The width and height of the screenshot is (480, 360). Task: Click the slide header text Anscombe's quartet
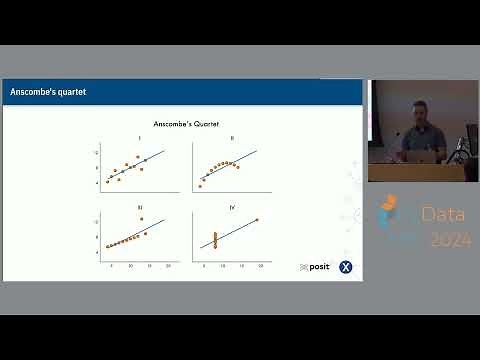[47, 93]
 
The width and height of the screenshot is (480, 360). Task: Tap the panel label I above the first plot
[139, 138]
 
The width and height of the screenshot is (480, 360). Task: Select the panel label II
[231, 138]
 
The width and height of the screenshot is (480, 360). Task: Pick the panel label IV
[231, 206]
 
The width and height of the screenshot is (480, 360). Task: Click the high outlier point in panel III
[142, 218]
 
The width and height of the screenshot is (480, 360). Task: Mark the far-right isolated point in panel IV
[257, 220]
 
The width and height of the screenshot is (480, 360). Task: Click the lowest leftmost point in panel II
[200, 186]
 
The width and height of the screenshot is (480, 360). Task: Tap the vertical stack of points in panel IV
[215, 240]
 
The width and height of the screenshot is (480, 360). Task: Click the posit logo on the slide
[315, 267]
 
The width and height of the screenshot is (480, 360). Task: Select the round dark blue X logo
[346, 267]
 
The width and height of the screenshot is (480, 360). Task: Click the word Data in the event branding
[437, 214]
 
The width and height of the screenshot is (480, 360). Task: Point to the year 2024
[449, 240]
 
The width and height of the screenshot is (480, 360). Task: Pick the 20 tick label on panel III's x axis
[168, 266]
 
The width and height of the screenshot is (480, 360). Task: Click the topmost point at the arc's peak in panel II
[228, 162]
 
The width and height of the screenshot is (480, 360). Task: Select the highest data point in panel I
[138, 157]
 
